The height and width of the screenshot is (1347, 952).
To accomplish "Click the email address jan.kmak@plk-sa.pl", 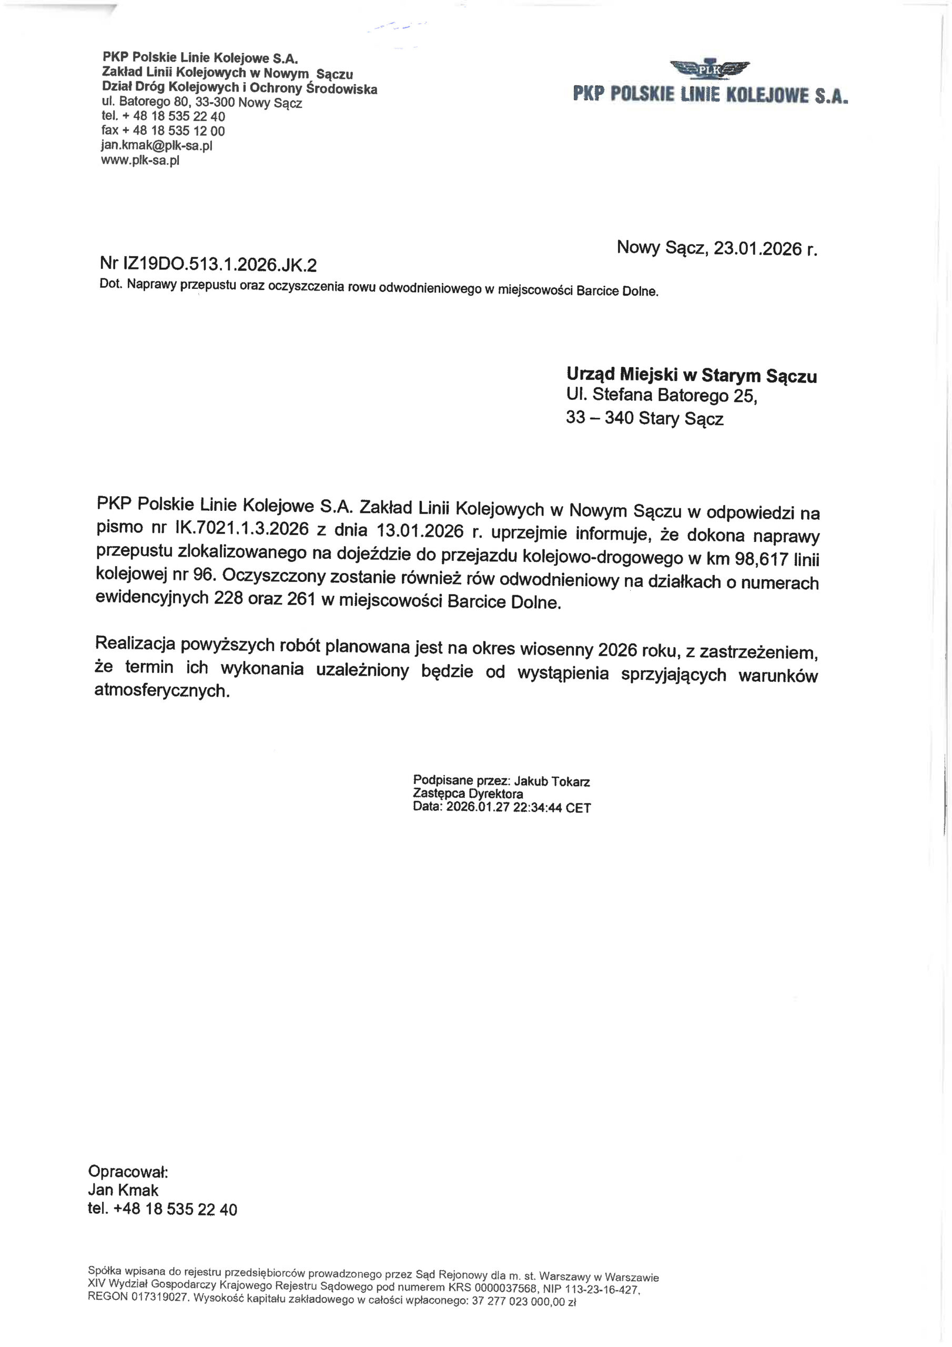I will click(x=157, y=146).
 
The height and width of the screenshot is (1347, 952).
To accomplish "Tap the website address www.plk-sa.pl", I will click(x=140, y=160).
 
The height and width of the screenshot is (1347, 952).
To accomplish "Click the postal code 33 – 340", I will click(x=599, y=418).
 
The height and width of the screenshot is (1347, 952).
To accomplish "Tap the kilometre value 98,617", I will click(x=759, y=558).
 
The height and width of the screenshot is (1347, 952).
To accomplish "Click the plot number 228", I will click(x=228, y=598).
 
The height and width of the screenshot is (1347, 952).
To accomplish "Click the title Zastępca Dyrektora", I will click(x=468, y=795).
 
